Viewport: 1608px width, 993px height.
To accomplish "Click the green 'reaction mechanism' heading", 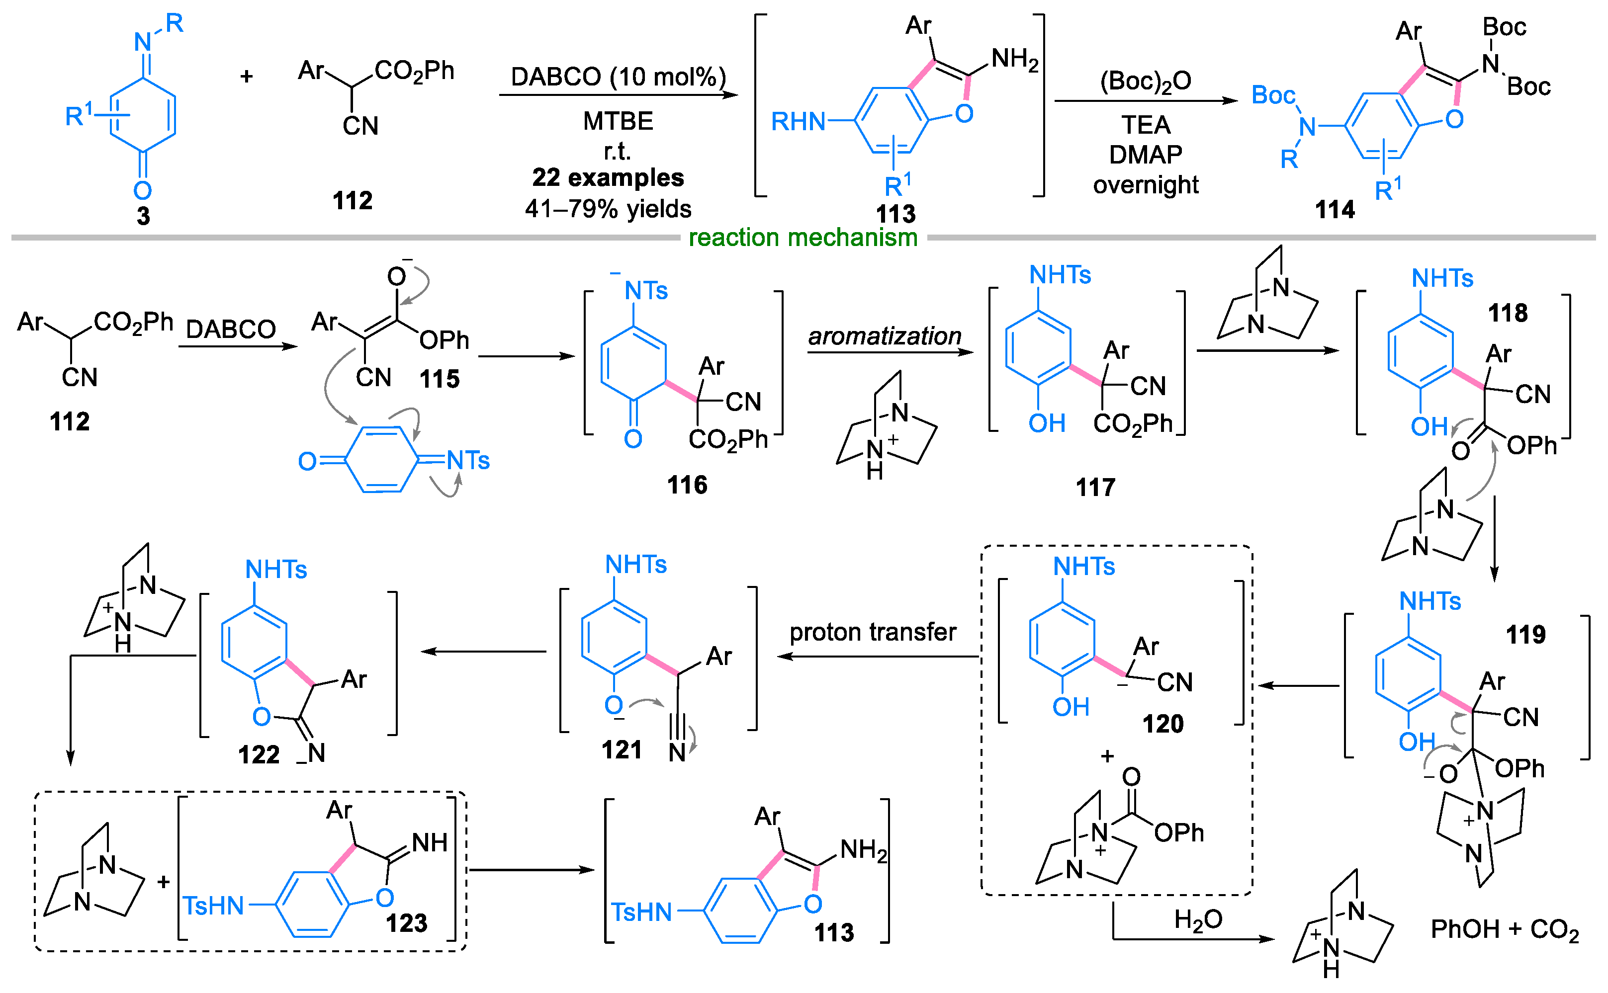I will [802, 237].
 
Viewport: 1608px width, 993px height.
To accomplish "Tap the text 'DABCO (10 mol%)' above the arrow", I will [618, 77].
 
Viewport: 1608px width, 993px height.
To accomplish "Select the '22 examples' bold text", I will [608, 177].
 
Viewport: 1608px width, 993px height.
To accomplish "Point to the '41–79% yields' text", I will [608, 209].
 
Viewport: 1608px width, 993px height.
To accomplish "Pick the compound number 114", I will [1334, 210].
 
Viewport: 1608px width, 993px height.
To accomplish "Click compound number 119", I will [1525, 634].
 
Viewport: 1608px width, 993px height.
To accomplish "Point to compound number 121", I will [622, 749].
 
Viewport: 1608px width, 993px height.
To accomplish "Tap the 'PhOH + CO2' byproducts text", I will [1504, 929].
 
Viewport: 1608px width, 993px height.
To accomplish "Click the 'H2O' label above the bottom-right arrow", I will [1197, 919].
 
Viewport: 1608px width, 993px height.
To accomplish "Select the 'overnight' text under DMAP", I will [1145, 184].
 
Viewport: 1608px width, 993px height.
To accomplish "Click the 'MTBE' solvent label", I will [618, 121].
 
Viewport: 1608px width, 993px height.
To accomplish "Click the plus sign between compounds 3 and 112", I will [246, 77].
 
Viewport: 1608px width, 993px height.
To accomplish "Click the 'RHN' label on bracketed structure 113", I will [798, 121].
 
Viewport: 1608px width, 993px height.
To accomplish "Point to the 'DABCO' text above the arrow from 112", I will [231, 329].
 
